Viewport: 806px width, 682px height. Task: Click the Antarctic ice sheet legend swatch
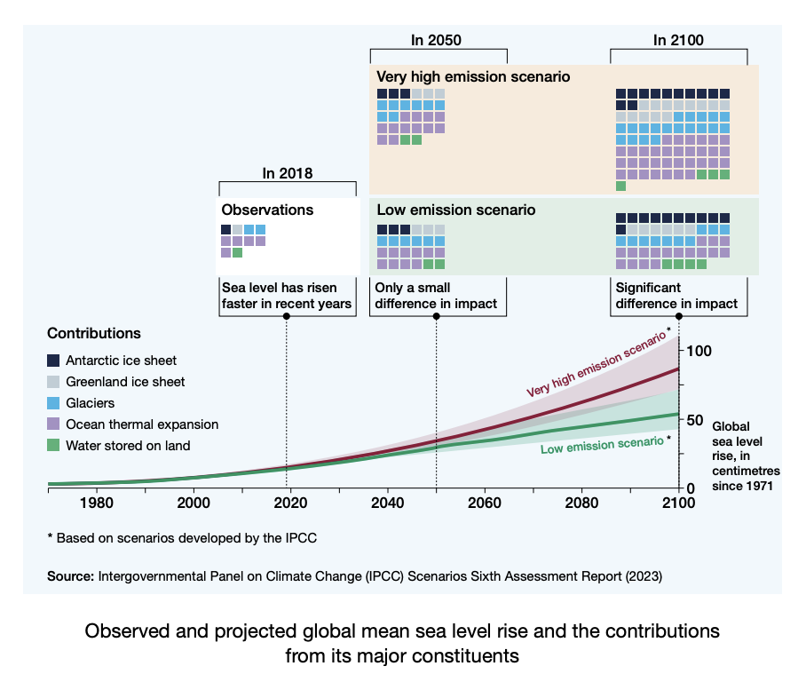tap(53, 361)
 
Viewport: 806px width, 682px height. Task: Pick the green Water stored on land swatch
tap(53, 446)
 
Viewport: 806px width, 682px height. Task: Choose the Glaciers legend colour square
tap(53, 403)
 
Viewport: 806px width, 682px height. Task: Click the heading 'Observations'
tap(267, 210)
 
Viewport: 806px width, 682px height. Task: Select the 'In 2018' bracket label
tap(288, 173)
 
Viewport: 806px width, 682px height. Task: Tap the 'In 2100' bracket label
tap(678, 40)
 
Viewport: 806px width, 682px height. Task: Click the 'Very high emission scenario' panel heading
tap(473, 77)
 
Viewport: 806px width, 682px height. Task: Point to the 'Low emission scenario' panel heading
tap(456, 210)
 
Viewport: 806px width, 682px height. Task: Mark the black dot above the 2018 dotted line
tap(287, 316)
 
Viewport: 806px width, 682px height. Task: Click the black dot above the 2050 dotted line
tap(437, 316)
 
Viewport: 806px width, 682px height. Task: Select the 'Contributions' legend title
tap(94, 334)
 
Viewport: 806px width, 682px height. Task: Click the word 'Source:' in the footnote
tap(70, 576)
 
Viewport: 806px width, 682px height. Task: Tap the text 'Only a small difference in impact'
tap(436, 296)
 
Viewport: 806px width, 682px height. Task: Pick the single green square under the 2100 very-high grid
tap(620, 186)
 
